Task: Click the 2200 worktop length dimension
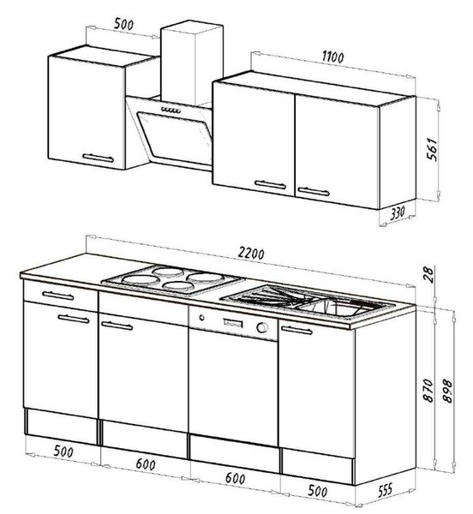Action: coord(251,254)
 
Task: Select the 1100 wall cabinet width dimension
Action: coord(332,57)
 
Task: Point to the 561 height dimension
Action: coord(433,149)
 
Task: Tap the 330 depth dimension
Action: coord(398,213)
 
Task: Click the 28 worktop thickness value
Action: coord(428,275)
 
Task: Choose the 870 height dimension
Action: coord(428,391)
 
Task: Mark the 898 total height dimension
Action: coord(447,391)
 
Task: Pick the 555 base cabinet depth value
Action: coord(385,490)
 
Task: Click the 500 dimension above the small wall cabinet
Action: coord(123,24)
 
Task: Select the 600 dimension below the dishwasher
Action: coord(235,478)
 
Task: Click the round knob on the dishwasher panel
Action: coord(262,327)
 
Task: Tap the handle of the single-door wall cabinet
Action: coord(98,158)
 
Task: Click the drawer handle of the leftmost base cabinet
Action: coord(58,296)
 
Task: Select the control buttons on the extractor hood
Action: coord(171,111)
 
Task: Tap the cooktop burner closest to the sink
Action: coord(205,278)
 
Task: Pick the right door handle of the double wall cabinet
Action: coord(314,191)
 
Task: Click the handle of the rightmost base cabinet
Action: coord(297,330)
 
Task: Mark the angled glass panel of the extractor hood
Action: coord(176,138)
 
